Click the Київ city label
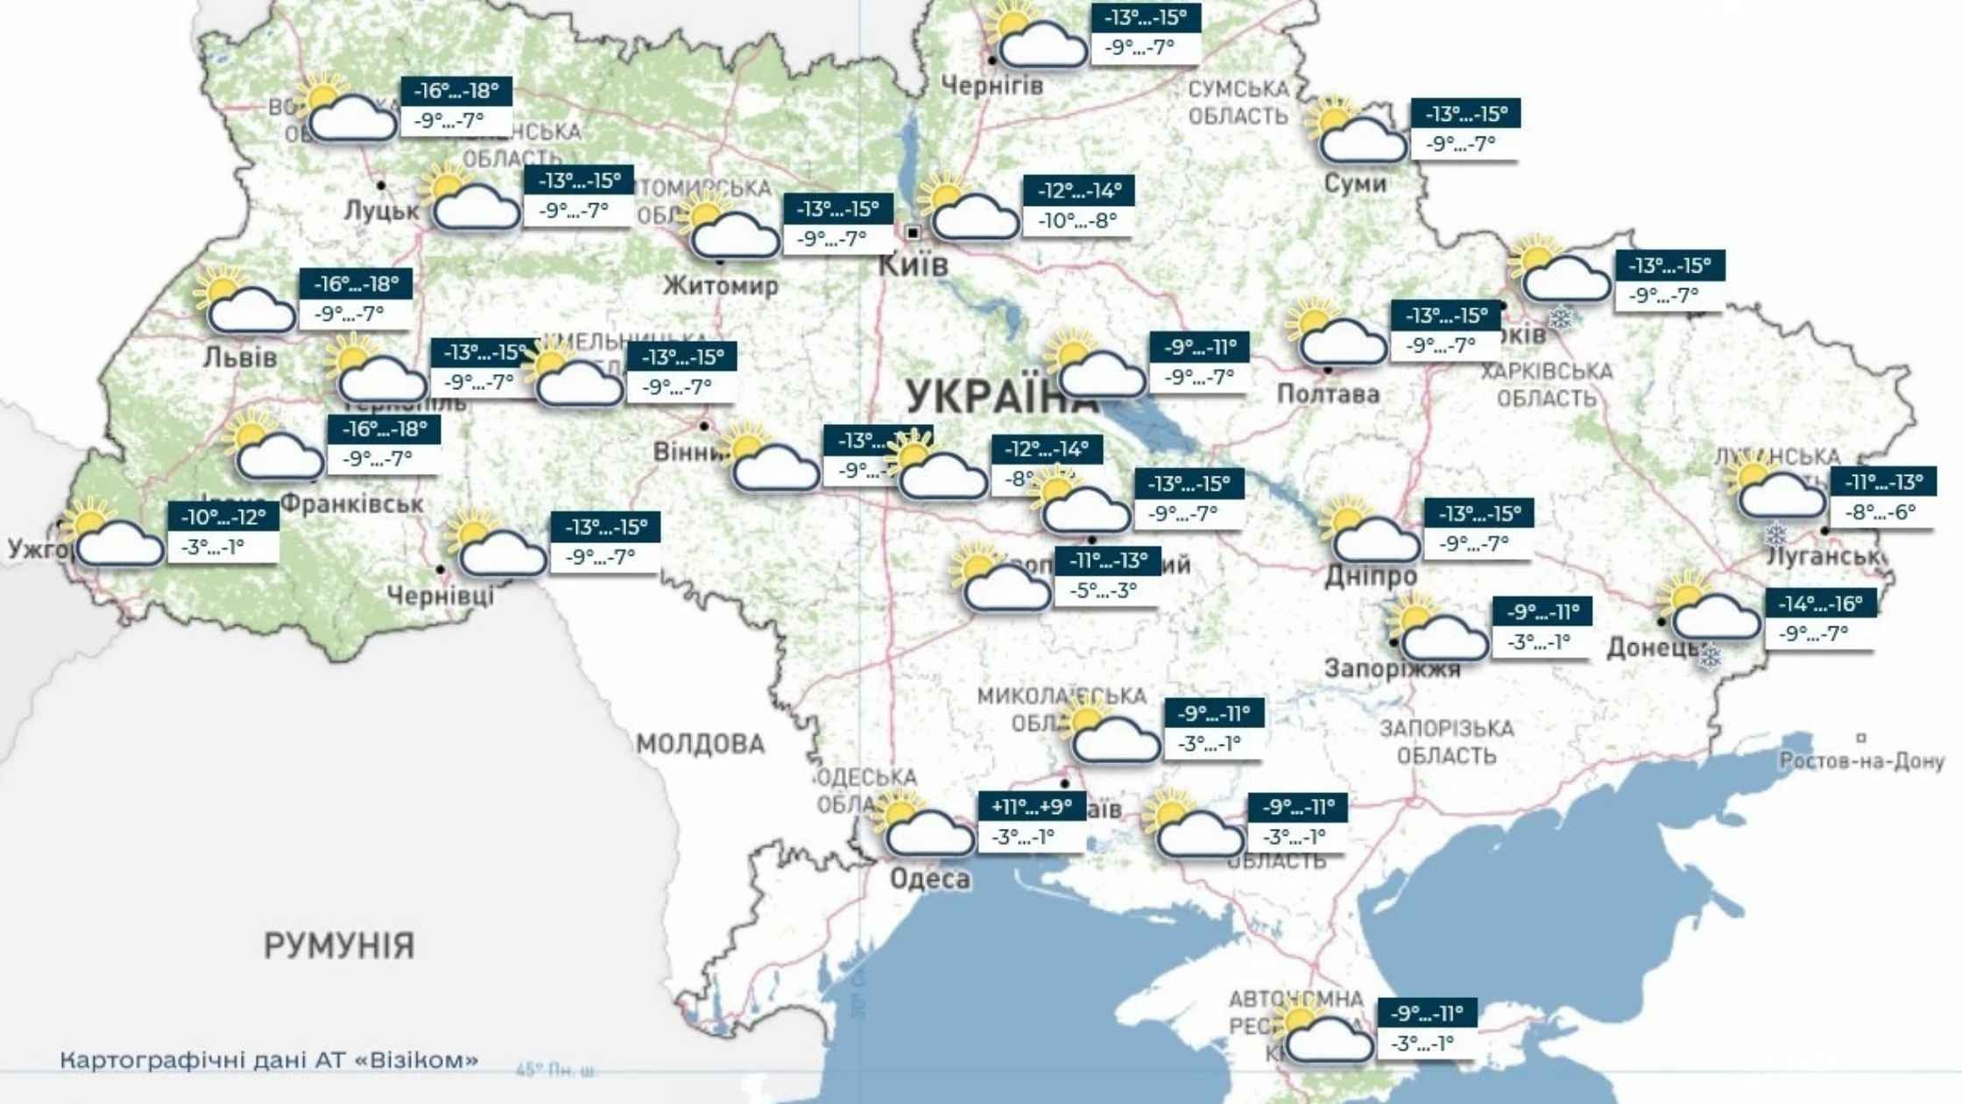pyautogui.click(x=913, y=264)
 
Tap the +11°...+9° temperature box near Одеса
pyautogui.click(x=1032, y=806)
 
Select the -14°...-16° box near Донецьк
pyautogui.click(x=1820, y=604)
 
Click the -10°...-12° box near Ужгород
pyautogui.click(x=222, y=517)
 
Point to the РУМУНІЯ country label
pyautogui.click(x=339, y=945)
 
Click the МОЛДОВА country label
pyautogui.click(x=700, y=745)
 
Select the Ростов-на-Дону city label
pyautogui.click(x=1861, y=761)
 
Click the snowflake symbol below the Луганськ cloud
pyautogui.click(x=1775, y=534)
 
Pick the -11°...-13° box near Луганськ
pyautogui.click(x=1883, y=482)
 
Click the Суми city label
pyautogui.click(x=1355, y=184)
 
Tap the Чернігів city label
pyautogui.click(x=992, y=86)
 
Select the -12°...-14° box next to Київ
pyautogui.click(x=1078, y=190)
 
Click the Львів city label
pyautogui.click(x=240, y=357)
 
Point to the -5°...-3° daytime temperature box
pyautogui.click(x=1105, y=591)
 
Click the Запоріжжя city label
pyautogui.click(x=1392, y=669)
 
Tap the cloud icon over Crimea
pyautogui.click(x=1329, y=1040)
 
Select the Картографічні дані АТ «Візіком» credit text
pyautogui.click(x=269, y=1060)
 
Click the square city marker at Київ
pyautogui.click(x=913, y=233)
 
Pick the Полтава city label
pyautogui.click(x=1328, y=394)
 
